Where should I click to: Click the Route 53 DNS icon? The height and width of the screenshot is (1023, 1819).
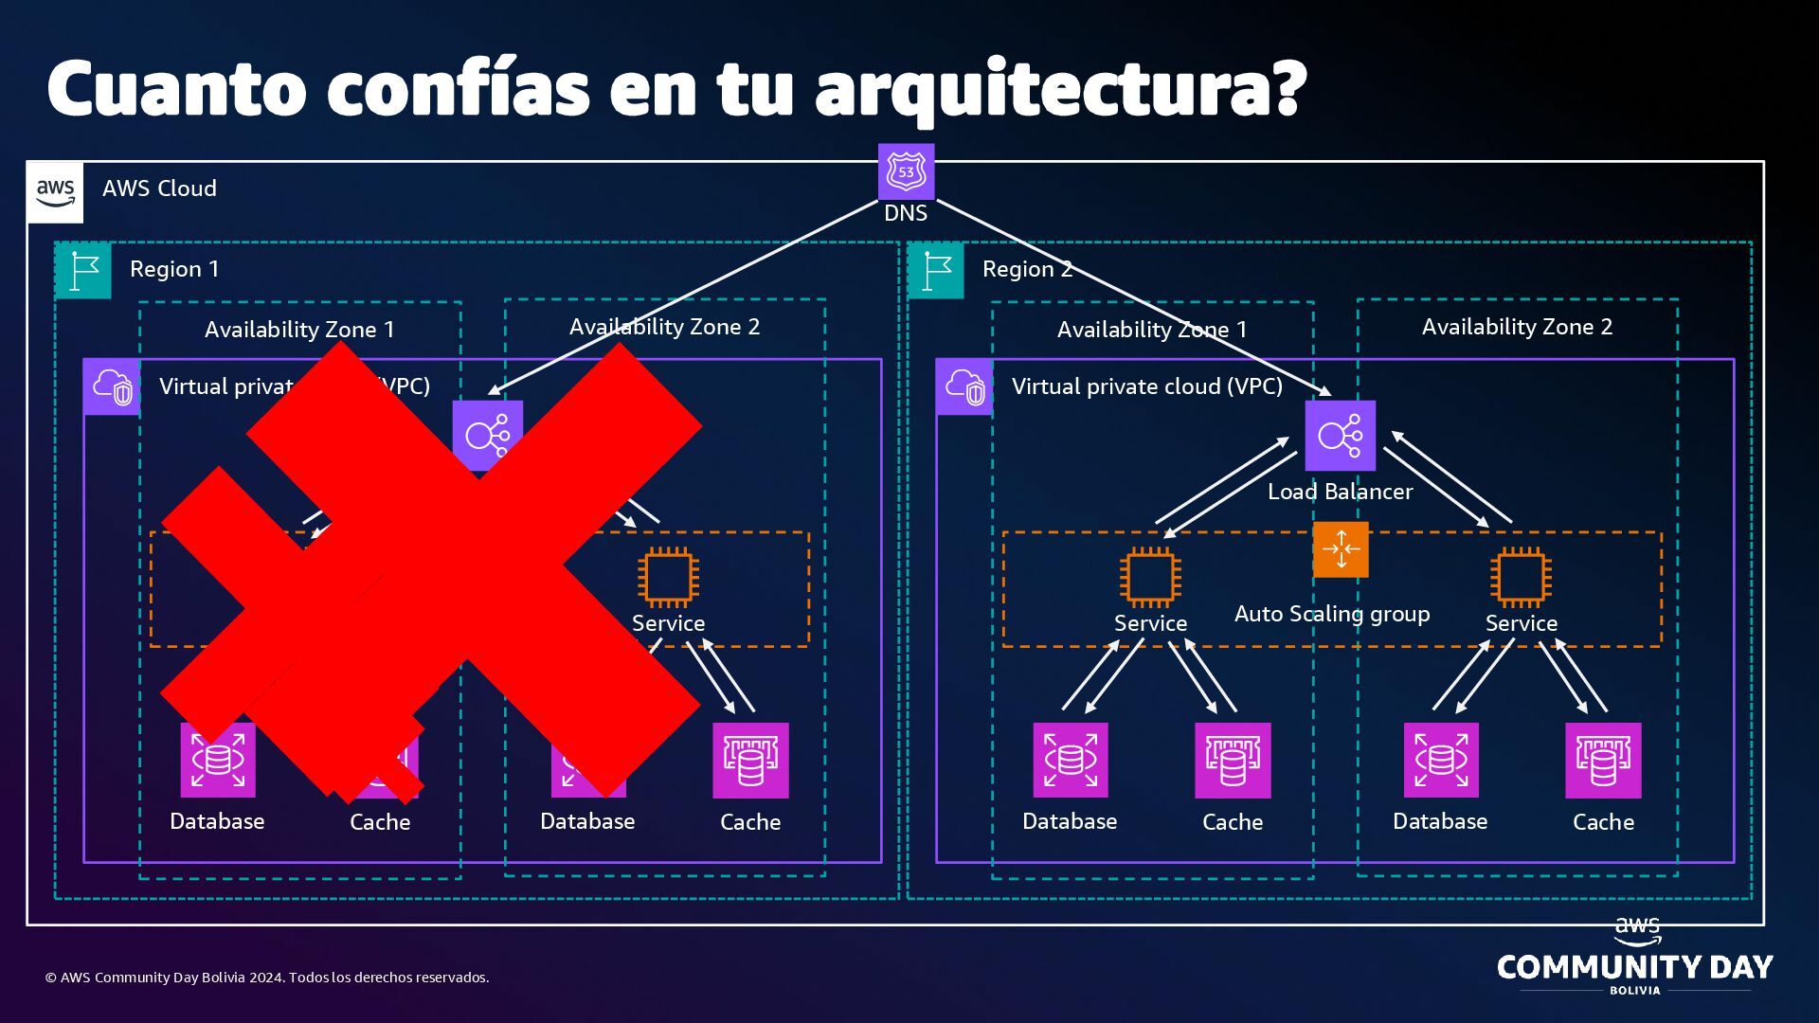(x=906, y=171)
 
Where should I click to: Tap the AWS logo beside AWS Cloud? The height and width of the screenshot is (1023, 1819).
(x=55, y=190)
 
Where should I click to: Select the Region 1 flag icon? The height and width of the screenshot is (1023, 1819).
(x=83, y=270)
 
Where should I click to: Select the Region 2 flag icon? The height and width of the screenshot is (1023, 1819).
(x=935, y=270)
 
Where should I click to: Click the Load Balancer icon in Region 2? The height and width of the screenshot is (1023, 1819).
(x=1340, y=436)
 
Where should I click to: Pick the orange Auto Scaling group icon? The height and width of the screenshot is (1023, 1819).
(x=1341, y=549)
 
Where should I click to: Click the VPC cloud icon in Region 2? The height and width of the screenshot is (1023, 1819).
(x=964, y=386)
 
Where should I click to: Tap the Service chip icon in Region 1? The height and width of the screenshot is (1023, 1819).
(x=668, y=576)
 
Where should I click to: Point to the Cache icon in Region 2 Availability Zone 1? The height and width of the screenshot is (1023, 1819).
(x=1232, y=761)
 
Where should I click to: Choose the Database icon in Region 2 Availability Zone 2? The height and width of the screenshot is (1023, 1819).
(x=1440, y=761)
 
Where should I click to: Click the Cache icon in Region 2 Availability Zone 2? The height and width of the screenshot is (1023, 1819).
(x=1603, y=761)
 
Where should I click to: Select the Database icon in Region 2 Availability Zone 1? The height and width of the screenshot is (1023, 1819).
(x=1070, y=761)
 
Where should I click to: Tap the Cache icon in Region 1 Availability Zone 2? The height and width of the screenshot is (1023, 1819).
(x=750, y=761)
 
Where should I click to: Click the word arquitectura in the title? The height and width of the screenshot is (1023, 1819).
(x=1059, y=87)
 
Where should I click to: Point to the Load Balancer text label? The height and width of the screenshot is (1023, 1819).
(x=1340, y=492)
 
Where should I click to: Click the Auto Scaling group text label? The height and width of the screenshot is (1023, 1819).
(x=1331, y=614)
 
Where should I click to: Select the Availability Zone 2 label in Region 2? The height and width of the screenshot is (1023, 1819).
(x=1516, y=327)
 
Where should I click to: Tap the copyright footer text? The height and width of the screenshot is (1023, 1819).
(x=267, y=978)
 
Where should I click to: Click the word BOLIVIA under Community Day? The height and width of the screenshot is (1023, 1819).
(x=1635, y=991)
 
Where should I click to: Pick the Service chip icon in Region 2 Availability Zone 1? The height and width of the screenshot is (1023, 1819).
(x=1150, y=576)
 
